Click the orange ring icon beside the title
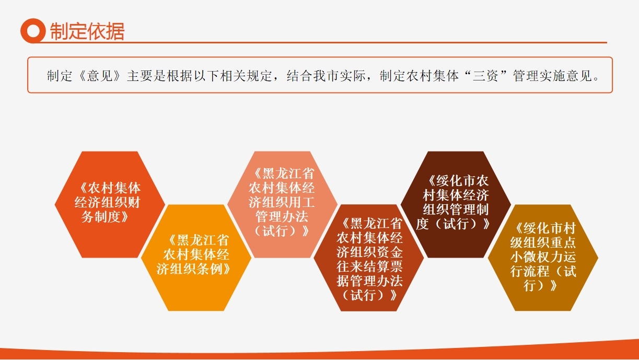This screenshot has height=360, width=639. click(33, 31)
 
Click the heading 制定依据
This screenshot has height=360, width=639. click(87, 31)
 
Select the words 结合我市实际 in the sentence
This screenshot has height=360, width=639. click(326, 76)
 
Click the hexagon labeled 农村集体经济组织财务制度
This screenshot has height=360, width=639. click(110, 204)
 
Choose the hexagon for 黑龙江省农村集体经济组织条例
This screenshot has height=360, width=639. click(196, 258)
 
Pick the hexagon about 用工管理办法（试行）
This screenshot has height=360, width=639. click(283, 204)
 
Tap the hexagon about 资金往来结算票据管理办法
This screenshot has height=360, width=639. click(369, 258)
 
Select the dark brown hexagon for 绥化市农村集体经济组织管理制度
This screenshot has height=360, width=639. click(456, 204)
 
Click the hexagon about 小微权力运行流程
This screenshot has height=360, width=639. click(543, 258)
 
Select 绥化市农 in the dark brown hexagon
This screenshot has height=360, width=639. click(462, 181)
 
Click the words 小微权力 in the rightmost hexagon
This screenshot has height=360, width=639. click(536, 257)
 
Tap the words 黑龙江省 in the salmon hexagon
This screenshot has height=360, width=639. click(288, 173)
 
